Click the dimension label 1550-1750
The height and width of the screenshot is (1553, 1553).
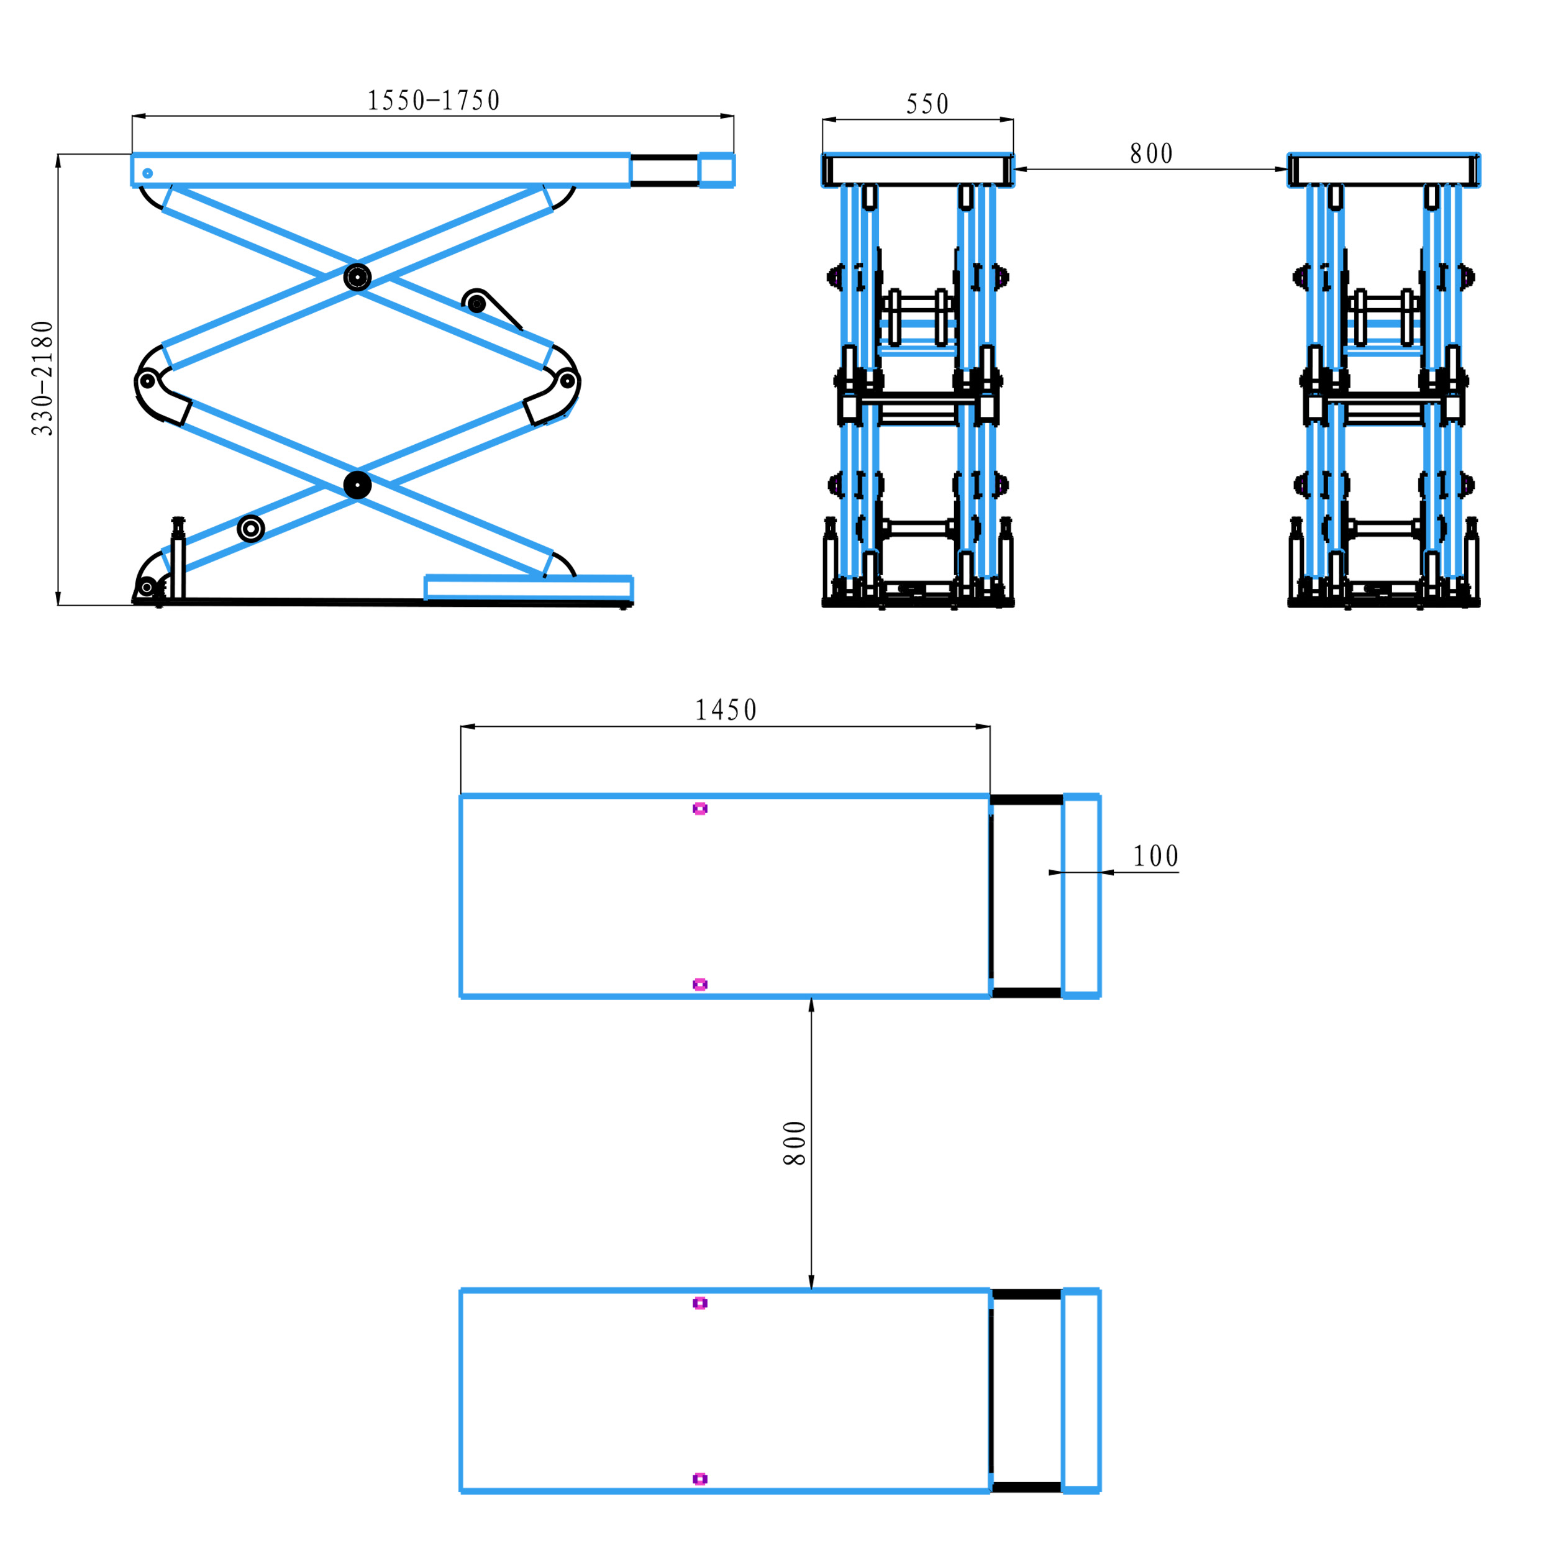click(x=433, y=101)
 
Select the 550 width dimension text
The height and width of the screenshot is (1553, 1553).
click(x=927, y=104)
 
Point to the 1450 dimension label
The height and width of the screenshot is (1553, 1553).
click(x=725, y=711)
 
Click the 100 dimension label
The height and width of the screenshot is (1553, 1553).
click(x=1155, y=857)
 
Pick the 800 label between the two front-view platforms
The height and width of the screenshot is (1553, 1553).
click(x=1151, y=153)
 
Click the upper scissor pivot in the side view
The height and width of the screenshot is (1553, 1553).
click(x=357, y=277)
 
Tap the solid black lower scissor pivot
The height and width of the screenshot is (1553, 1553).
click(x=357, y=485)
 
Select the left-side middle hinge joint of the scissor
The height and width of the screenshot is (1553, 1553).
click(x=147, y=380)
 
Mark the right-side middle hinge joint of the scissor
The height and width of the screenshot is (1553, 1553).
click(x=567, y=380)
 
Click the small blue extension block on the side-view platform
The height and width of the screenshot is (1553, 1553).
click(x=716, y=170)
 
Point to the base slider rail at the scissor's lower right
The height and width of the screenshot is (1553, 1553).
click(x=528, y=588)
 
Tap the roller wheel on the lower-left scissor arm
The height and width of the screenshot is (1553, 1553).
click(x=251, y=528)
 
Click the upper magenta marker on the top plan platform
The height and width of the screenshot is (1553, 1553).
click(x=699, y=809)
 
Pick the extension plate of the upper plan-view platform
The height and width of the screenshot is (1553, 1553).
click(x=1080, y=896)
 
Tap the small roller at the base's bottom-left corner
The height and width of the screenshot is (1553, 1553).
click(x=147, y=588)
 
